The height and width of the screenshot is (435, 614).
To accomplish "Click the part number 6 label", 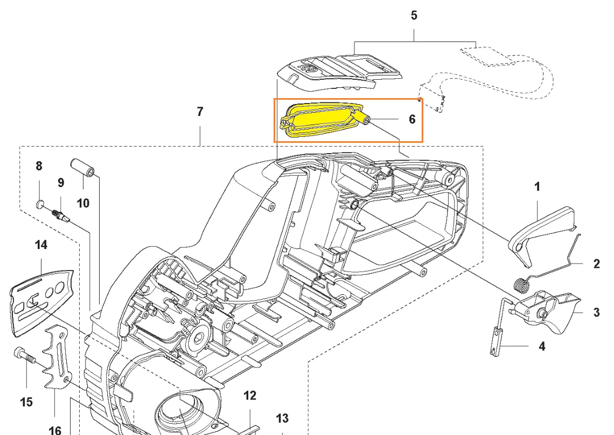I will [x=412, y=119].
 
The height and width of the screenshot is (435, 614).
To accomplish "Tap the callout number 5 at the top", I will [x=414, y=15].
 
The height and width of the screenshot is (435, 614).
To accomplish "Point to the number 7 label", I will [x=200, y=112].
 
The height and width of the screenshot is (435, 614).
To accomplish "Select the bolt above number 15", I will [x=22, y=354].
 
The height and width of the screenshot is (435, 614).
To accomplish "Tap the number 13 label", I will [x=282, y=418].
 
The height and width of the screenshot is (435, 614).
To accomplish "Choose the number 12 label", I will [x=250, y=396].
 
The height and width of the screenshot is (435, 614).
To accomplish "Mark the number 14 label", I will [x=41, y=245].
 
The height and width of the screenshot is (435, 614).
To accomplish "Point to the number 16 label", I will [x=55, y=430].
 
